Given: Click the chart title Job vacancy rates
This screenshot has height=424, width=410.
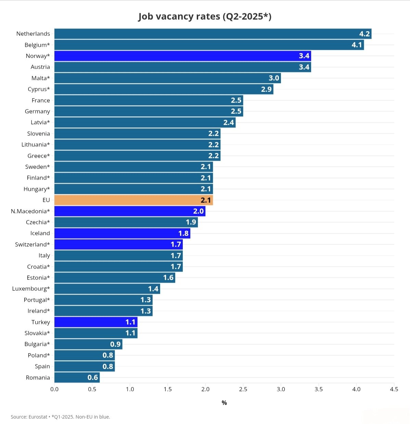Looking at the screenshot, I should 205,16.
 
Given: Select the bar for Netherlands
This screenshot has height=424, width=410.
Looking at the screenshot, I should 212,34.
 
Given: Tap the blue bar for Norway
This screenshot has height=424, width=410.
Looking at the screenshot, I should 182,56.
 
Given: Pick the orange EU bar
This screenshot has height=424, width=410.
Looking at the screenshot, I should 133,200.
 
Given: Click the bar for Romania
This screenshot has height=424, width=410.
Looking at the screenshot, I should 77,377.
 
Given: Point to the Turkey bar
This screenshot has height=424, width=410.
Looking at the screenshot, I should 95,322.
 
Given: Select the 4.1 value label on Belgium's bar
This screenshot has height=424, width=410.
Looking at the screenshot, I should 357,45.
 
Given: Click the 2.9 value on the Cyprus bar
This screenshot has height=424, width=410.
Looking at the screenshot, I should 266,89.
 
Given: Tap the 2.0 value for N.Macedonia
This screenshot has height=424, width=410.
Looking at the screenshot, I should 198,211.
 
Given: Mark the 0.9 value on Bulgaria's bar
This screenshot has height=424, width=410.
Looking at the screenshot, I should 115,344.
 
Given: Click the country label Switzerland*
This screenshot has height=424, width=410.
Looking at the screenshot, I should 33,244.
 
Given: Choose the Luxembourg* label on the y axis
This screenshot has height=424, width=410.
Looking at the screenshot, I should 31,288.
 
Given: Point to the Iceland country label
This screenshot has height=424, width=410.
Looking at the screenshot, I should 40,233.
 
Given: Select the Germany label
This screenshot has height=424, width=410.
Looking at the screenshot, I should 37,111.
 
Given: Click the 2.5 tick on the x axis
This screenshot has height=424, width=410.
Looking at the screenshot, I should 243,389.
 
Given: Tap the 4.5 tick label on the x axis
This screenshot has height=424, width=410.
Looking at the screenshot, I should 394,389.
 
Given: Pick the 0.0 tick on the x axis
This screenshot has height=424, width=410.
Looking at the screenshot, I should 54,389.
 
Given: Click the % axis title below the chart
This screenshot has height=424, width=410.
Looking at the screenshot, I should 224,403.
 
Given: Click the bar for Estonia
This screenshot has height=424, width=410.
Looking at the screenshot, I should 115,278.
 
